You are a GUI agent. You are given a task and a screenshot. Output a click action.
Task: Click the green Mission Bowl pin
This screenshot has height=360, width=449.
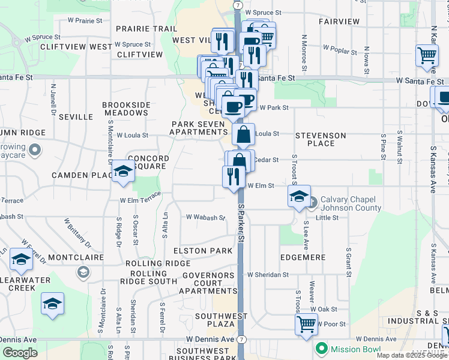tap(322, 349)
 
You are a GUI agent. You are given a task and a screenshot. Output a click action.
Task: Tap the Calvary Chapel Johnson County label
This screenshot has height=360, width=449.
tap(350, 204)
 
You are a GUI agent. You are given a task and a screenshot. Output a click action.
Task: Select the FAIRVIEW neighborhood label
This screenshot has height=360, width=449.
tap(339, 22)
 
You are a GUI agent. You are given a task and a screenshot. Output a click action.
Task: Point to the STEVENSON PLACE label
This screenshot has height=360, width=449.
tap(321, 139)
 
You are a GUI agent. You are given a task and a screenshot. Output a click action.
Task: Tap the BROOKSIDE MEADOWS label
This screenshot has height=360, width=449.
tap(126, 109)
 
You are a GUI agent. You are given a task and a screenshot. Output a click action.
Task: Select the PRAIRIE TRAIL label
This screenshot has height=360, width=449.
tap(146, 29)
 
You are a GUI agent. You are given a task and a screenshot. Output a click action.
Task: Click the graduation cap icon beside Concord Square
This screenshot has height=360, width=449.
tap(123, 172)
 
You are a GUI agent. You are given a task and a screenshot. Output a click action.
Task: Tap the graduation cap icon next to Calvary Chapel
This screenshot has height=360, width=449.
tap(298, 196)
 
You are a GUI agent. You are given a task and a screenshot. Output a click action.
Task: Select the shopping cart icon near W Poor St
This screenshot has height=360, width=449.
tap(306, 325)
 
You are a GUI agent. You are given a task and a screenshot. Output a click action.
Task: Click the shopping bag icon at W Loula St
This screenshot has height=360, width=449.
tap(243, 135)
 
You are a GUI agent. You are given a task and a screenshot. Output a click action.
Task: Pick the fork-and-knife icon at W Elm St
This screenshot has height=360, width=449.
tap(234, 177)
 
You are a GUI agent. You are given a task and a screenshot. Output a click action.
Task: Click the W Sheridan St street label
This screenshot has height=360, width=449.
tap(268, 275)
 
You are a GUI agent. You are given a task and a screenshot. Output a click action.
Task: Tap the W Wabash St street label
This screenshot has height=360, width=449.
tap(205, 218)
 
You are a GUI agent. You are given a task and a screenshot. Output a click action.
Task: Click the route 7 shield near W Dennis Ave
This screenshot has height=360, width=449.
tap(240, 339)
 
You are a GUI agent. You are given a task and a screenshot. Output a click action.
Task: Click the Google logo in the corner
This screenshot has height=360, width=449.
tap(20, 353)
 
